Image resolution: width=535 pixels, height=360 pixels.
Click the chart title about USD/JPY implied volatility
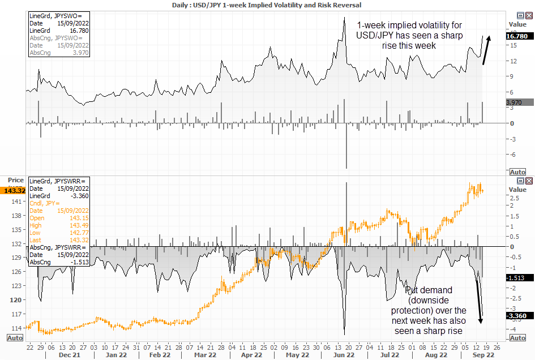267,5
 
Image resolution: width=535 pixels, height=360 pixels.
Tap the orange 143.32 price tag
13,190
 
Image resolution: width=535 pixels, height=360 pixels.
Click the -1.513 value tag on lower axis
517,278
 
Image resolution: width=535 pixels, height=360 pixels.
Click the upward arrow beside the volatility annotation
486,50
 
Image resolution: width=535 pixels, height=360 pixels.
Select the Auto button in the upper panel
517,172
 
